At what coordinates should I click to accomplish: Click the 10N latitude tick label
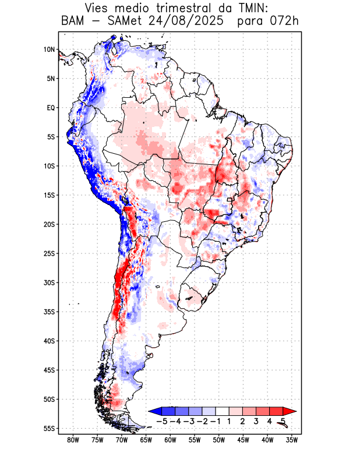[49, 50]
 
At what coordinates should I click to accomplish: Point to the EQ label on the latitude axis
[51, 108]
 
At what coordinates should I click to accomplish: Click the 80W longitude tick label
[73, 440]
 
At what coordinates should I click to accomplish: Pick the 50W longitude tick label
[218, 440]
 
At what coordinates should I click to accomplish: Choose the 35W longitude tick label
[292, 440]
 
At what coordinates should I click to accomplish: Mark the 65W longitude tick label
[146, 440]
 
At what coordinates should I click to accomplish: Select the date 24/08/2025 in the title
[182, 22]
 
